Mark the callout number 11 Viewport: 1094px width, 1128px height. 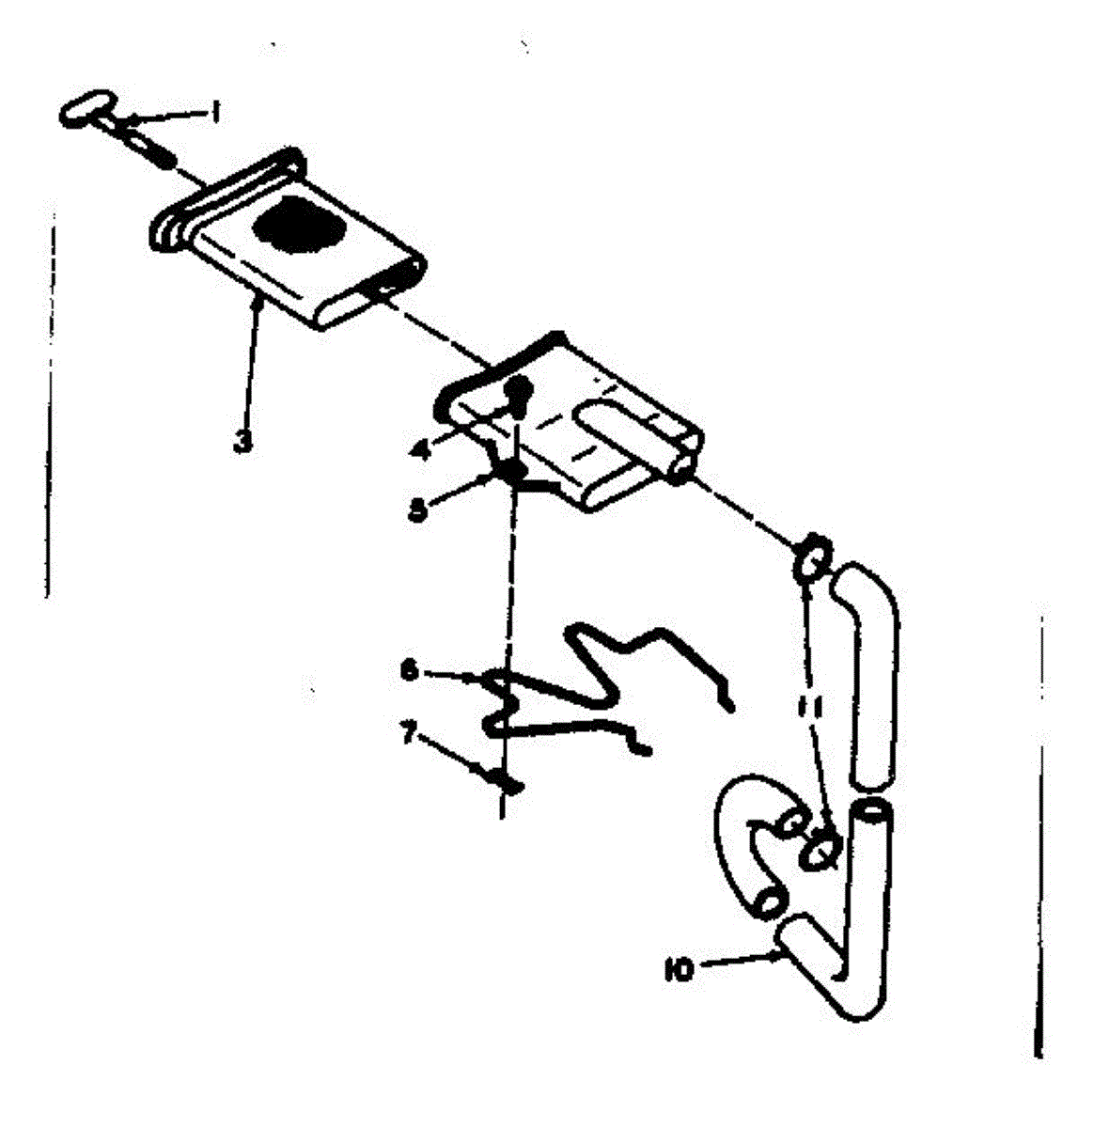click(x=816, y=707)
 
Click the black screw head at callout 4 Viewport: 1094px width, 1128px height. click(x=519, y=391)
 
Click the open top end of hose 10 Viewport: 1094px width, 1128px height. click(x=873, y=810)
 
